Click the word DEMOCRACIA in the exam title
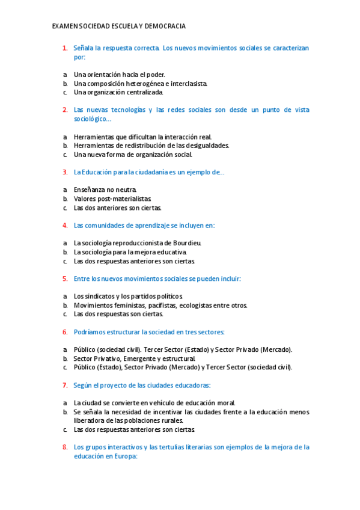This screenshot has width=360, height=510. pyautogui.click(x=165, y=26)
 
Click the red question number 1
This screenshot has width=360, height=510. pyautogui.click(x=64, y=48)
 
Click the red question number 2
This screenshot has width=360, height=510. pyautogui.click(x=64, y=110)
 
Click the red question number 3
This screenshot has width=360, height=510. pyautogui.click(x=64, y=172)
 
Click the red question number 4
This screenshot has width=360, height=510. pyautogui.click(x=64, y=226)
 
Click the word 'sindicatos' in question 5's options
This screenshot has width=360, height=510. pyautogui.click(x=100, y=296)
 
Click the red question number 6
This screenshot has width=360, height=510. pyautogui.click(x=64, y=332)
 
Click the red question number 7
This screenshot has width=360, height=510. pyautogui.click(x=64, y=385)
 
